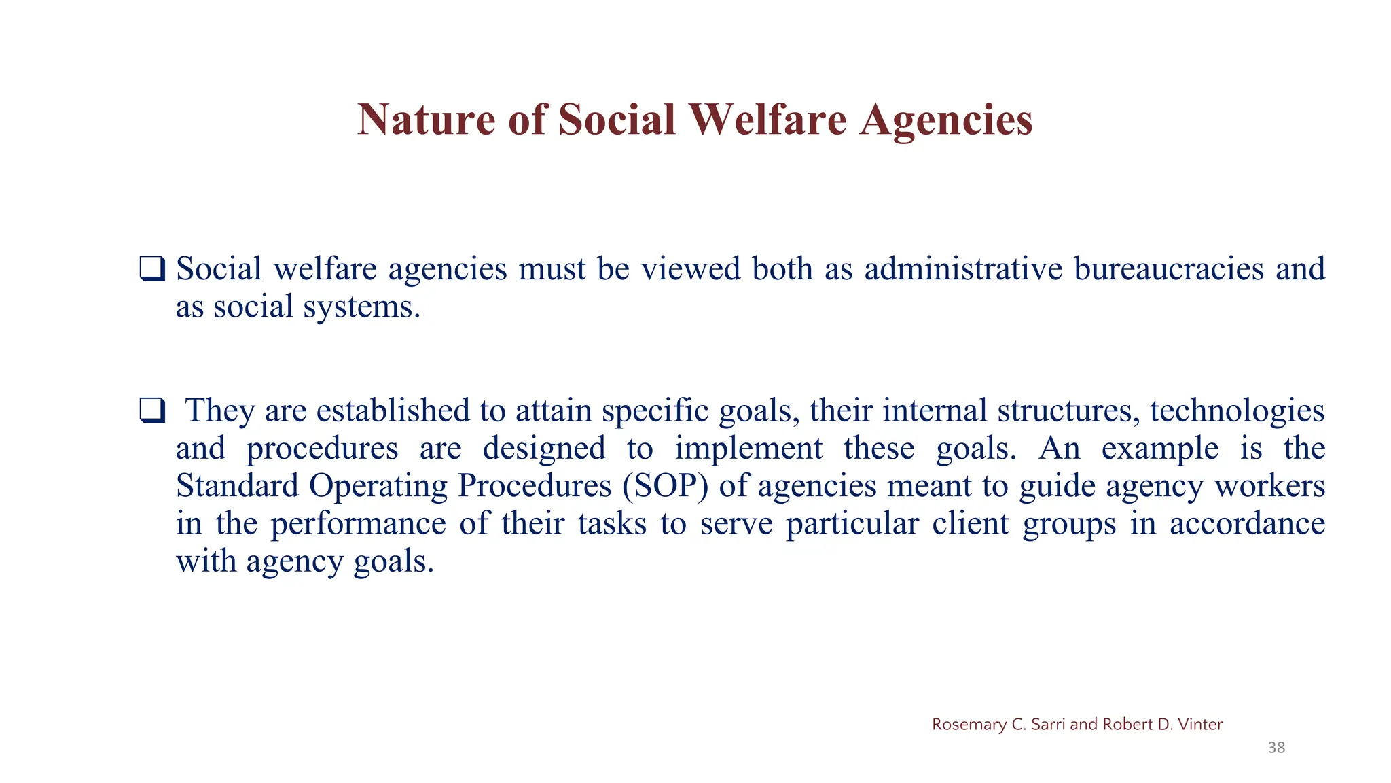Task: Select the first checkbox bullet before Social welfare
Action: pos(151,268)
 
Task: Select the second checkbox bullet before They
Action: pos(151,411)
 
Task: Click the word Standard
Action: pos(237,486)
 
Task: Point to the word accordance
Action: pos(1247,523)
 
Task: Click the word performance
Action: pos(358,523)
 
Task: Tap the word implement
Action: pos(748,449)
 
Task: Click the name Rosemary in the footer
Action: pos(969,725)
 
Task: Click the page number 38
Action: pos(1276,748)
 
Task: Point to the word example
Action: pos(1159,449)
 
